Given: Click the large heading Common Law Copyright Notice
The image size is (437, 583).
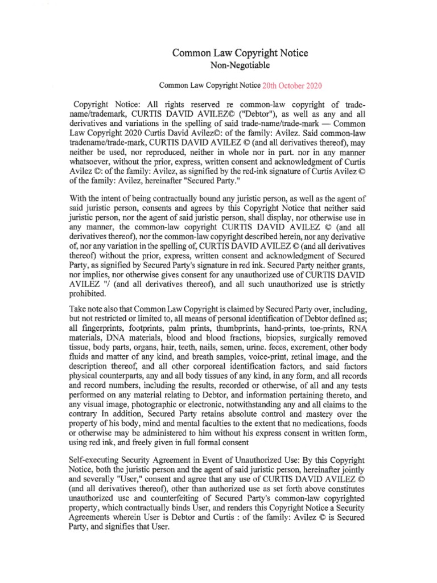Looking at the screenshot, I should point(240,53).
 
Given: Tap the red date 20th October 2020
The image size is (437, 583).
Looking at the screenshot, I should point(291,86).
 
